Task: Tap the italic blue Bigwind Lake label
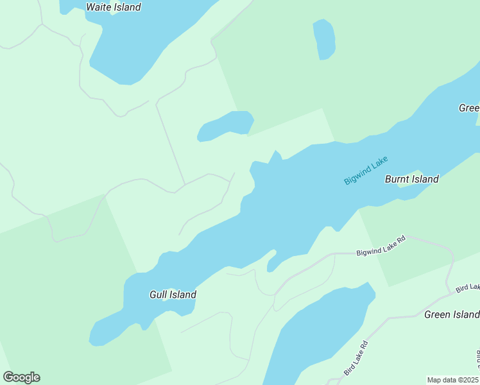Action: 366,171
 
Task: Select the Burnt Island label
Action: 411,179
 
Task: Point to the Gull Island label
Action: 173,295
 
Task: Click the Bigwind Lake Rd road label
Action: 381,246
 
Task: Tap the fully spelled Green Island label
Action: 451,314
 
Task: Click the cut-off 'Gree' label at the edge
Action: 469,108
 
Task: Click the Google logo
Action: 21,377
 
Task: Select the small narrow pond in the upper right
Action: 324,39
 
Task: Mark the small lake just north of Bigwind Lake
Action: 225,125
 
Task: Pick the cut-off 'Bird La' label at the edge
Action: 468,288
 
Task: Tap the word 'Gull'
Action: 159,295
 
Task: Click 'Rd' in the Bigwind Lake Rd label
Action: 402,241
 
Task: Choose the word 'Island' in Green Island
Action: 465,314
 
